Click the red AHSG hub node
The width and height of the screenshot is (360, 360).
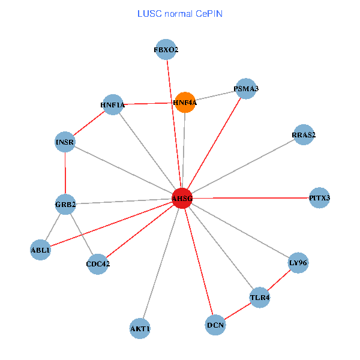[182, 199]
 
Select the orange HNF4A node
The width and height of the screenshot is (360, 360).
[185, 103]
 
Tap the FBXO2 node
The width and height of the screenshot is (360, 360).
[166, 50]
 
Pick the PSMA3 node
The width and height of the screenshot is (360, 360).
[246, 89]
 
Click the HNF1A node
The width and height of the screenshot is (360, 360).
[113, 105]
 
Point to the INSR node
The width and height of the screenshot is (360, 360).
[65, 142]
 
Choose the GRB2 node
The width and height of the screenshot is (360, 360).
[65, 205]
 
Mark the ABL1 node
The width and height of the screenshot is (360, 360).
[40, 250]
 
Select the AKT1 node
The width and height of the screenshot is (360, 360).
[140, 328]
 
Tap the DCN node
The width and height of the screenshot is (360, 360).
[215, 325]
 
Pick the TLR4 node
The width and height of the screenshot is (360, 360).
[259, 297]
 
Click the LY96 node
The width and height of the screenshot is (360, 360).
[298, 263]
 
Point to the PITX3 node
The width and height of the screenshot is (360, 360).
[320, 198]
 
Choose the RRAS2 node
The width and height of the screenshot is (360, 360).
[304, 135]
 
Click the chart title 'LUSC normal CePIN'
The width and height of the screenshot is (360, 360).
[180, 13]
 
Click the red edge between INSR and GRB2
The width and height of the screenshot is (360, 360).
[65, 173]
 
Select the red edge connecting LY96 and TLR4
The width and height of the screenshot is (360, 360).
[279, 280]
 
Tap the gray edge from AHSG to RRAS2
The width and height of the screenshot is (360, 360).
[243, 167]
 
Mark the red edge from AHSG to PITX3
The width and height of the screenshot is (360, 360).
[252, 198]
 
